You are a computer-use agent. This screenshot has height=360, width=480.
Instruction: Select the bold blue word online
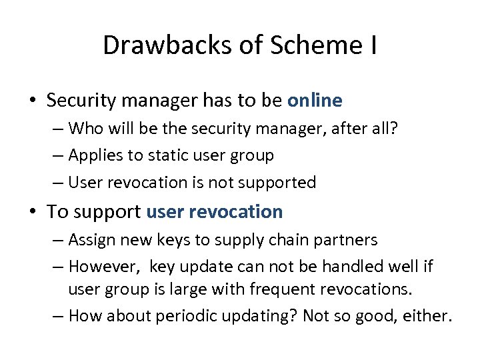(x=315, y=101)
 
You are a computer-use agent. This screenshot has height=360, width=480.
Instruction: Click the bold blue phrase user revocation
(x=214, y=212)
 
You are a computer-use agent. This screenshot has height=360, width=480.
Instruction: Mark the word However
(x=102, y=267)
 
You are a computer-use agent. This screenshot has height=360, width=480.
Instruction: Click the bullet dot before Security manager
(x=32, y=101)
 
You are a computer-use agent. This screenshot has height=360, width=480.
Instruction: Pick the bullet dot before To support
(x=32, y=213)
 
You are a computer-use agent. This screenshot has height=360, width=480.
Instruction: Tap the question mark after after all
(x=394, y=127)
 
